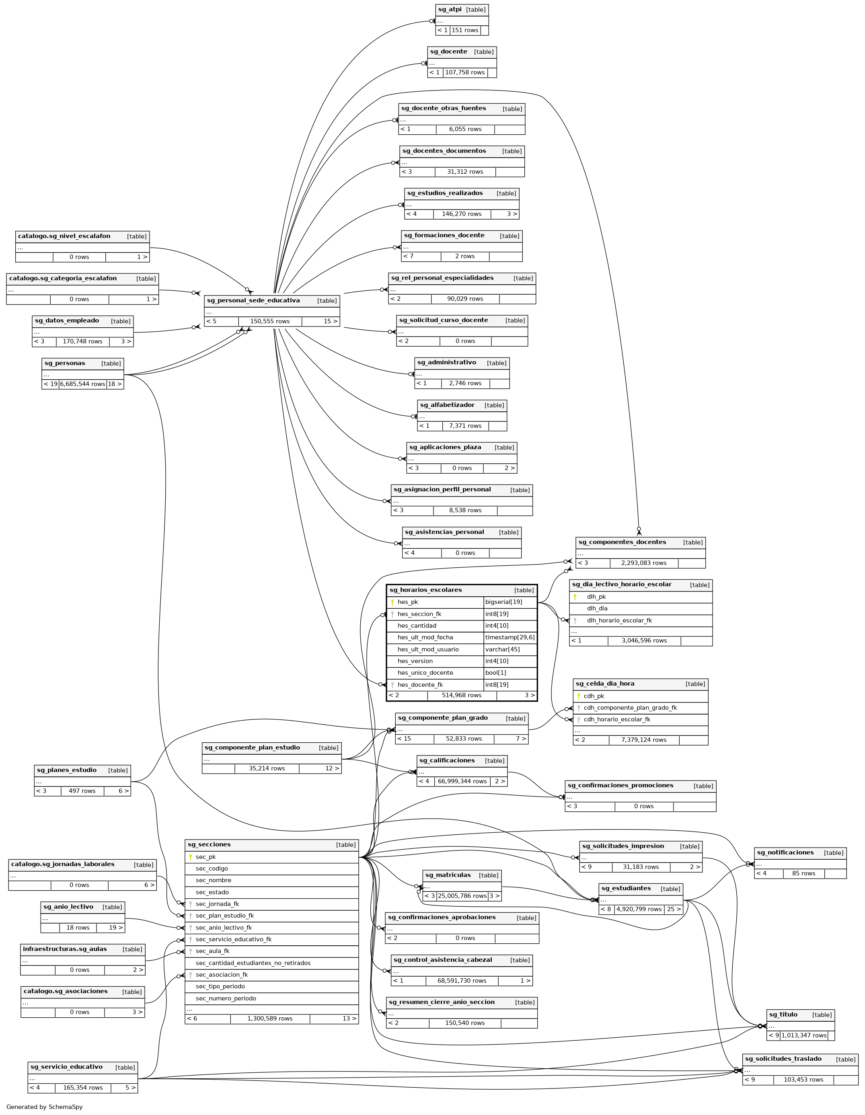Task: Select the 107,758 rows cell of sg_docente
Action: pos(464,72)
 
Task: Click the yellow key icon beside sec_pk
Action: pos(191,857)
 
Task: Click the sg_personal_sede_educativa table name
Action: pos(253,300)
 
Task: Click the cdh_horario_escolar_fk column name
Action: pos(617,719)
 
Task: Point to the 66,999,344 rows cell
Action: pos(462,781)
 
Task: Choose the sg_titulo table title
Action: pos(783,1014)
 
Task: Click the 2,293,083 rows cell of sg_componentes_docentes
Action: pos(643,563)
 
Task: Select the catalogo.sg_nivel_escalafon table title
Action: pos(64,236)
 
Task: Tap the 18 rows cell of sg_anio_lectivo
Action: pos(78,928)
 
